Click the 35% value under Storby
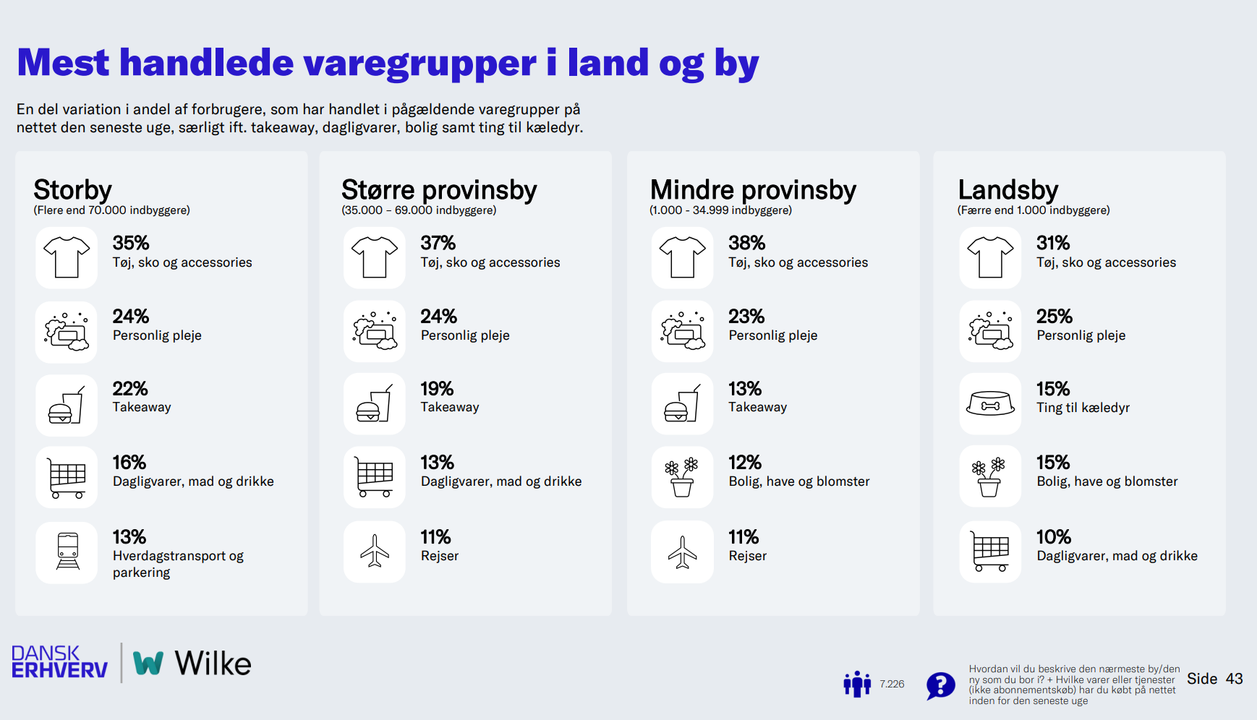pyautogui.click(x=131, y=243)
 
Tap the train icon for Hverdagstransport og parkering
pyautogui.click(x=67, y=552)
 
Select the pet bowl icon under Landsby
pyautogui.click(x=990, y=404)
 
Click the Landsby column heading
pyautogui.click(x=1008, y=190)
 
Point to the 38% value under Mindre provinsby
pyautogui.click(x=746, y=243)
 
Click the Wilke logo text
pyautogui.click(x=213, y=664)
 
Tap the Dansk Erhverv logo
pyautogui.click(x=59, y=662)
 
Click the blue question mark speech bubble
pyautogui.click(x=940, y=685)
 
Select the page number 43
pyautogui.click(x=1234, y=679)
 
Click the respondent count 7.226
pyautogui.click(x=892, y=684)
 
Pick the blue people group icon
pyautogui.click(x=857, y=684)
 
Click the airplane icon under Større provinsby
pyautogui.click(x=375, y=552)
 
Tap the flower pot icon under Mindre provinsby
pyautogui.click(x=682, y=477)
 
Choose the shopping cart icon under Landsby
pyautogui.click(x=990, y=552)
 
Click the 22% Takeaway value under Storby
pyautogui.click(x=130, y=389)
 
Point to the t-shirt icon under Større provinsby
pyautogui.click(x=375, y=257)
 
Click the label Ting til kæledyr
pyautogui.click(x=1083, y=408)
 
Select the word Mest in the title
pyautogui.click(x=64, y=63)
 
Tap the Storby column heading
pyautogui.click(x=72, y=190)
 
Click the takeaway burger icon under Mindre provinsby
pyautogui.click(x=682, y=404)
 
